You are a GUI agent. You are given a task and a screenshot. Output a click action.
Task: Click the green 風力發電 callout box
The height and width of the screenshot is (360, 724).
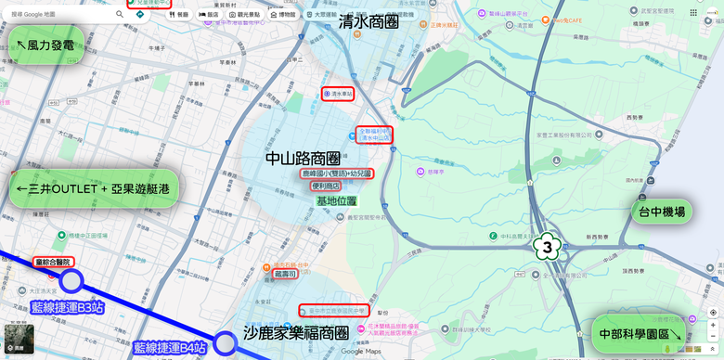[44, 45]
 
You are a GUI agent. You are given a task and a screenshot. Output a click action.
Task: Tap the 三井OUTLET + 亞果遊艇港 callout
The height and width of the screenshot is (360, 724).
[94, 187]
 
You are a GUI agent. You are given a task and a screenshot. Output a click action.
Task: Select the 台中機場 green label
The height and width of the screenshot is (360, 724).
[662, 212]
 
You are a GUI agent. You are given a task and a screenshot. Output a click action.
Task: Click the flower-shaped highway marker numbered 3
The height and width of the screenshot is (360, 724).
[548, 247]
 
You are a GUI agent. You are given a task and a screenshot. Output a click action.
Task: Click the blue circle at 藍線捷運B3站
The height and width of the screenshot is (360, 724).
[71, 281]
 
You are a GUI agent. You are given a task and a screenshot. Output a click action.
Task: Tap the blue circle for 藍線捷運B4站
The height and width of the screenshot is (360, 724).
[225, 343]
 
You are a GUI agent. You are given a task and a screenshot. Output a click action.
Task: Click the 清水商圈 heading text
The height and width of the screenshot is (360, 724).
[368, 21]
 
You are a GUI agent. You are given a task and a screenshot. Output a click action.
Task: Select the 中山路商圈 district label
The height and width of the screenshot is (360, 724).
[303, 159]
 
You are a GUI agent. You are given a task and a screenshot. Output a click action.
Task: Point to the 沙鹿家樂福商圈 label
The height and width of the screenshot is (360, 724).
[296, 332]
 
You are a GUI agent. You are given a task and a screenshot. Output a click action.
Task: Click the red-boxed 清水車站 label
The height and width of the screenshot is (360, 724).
[339, 94]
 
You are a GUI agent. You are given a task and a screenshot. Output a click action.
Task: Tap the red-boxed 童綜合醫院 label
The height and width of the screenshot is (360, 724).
[52, 262]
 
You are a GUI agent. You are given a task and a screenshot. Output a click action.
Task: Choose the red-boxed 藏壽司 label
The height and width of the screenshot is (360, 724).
[285, 274]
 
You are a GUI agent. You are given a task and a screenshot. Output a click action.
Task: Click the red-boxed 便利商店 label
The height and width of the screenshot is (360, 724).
[326, 186]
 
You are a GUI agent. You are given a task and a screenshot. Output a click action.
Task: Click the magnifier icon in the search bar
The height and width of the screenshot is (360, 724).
[120, 15]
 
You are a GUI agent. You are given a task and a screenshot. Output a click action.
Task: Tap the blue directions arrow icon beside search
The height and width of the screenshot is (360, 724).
[138, 15]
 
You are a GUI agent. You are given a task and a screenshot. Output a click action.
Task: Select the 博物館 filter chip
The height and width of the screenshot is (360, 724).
[283, 15]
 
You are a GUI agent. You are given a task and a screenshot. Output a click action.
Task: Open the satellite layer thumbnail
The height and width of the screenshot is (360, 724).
[19, 339]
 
